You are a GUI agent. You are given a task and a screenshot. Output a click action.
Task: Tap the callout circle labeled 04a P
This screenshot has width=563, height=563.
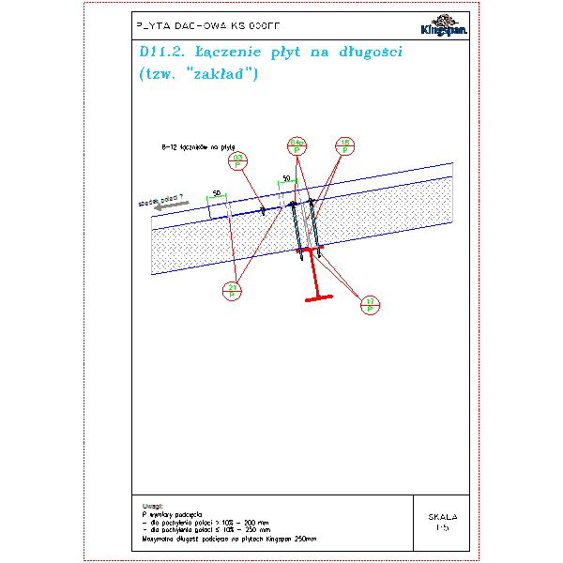pyautogui.click(x=297, y=146)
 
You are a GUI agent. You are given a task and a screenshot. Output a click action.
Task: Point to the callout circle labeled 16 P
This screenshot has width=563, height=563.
pyautogui.click(x=344, y=146)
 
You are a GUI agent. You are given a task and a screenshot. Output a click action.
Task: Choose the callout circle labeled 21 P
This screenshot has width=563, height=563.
pyautogui.click(x=232, y=290)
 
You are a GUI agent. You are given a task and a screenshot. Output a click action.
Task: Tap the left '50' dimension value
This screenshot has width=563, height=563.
pyautogui.click(x=217, y=193)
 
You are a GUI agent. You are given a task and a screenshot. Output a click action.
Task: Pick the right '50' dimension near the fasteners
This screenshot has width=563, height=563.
pyautogui.click(x=286, y=177)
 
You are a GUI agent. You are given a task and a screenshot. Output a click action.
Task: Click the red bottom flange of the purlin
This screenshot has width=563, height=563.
pyautogui.click(x=320, y=299)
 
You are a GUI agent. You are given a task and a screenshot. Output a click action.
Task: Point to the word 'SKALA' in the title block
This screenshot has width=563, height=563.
pyautogui.click(x=443, y=517)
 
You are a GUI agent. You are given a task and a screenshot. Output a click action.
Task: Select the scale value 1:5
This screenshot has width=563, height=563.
pyautogui.click(x=443, y=528)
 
